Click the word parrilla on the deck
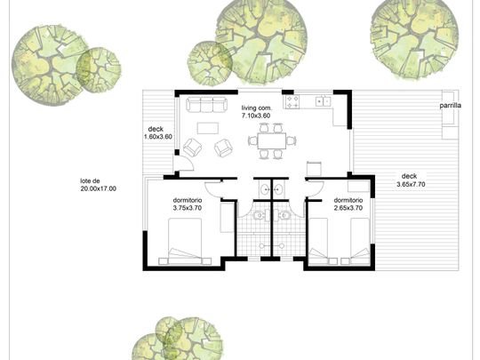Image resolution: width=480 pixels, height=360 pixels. click(451, 106)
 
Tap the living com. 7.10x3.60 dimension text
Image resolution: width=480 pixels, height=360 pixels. click(256, 112)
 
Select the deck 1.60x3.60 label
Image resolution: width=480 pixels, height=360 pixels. click(158, 132)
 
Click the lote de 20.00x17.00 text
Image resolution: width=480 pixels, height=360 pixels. click(99, 185)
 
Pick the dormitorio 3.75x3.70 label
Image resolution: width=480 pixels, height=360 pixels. click(188, 204)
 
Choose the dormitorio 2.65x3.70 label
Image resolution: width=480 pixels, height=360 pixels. click(348, 204)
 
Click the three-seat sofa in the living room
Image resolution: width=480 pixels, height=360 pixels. click(207, 104)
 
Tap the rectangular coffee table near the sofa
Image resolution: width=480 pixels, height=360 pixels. click(208, 128)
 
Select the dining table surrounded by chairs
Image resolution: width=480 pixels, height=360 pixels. click(272, 140)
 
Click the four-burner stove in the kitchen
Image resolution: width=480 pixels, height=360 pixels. click(292, 102)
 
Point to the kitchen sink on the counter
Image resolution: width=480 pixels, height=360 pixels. click(324, 100)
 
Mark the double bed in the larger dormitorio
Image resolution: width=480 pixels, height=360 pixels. click(185, 241)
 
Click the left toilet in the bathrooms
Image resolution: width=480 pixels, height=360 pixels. click(259, 215)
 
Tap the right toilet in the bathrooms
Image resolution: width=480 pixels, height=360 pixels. click(285, 215)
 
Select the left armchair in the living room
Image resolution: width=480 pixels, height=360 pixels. click(193, 148)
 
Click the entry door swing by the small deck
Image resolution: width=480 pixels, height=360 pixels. click(185, 163)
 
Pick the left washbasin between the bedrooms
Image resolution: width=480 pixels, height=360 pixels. click(265, 190)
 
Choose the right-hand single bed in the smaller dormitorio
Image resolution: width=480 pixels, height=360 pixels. click(360, 241)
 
